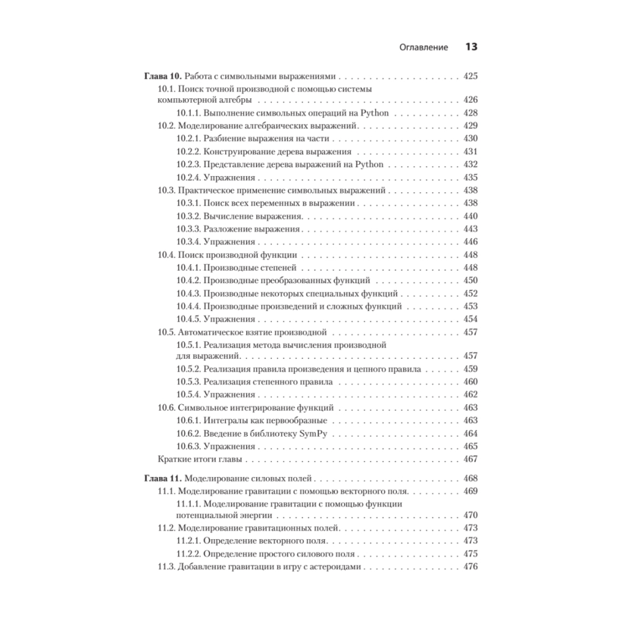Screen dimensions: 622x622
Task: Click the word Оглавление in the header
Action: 423,47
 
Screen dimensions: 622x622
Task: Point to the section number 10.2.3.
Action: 189,164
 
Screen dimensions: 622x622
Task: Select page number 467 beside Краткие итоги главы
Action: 470,459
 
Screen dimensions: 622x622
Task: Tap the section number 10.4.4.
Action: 189,306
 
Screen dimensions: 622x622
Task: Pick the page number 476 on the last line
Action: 470,567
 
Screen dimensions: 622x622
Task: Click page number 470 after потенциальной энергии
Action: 470,515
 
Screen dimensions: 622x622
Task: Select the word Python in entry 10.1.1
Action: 374,113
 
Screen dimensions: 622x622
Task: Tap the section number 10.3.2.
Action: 189,216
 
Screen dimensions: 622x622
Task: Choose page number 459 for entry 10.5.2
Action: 470,369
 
